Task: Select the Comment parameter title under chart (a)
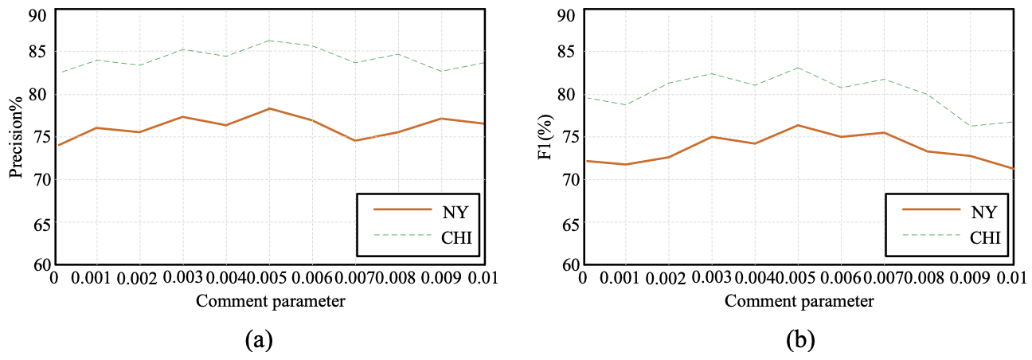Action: pyautogui.click(x=270, y=301)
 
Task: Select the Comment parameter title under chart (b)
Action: pyautogui.click(x=799, y=301)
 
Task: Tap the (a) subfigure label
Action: pyautogui.click(x=259, y=340)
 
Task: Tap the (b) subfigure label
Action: pyautogui.click(x=799, y=340)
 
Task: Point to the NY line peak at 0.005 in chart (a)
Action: pyautogui.click(x=269, y=108)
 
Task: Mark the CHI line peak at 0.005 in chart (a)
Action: pyautogui.click(x=269, y=40)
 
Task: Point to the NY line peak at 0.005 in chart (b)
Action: pyautogui.click(x=798, y=125)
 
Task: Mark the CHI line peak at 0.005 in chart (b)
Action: pyautogui.click(x=798, y=67)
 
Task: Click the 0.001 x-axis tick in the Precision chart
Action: pyautogui.click(x=97, y=279)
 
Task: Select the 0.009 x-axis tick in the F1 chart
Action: pyautogui.click(x=969, y=279)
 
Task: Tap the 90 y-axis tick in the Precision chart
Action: pyautogui.click(x=37, y=16)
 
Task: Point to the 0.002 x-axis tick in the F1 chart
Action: pyautogui.click(x=668, y=279)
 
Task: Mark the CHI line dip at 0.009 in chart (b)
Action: pyautogui.click(x=970, y=126)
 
